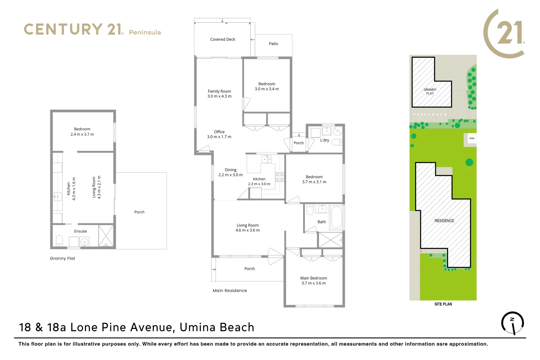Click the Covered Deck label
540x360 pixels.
[223, 39]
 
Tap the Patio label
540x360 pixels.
[273, 44]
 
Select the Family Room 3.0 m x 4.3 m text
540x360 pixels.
[219, 94]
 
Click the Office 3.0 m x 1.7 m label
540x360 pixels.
[219, 134]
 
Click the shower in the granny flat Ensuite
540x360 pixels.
[106, 236]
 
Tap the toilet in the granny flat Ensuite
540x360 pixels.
[59, 240]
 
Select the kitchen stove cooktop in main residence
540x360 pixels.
[279, 177]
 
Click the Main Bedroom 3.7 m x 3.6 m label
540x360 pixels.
[313, 281]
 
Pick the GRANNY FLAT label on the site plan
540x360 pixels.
[430, 91]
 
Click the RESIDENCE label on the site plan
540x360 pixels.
[444, 221]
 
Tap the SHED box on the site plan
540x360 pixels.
[472, 138]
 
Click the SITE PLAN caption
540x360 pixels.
[443, 304]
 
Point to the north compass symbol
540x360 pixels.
[512, 323]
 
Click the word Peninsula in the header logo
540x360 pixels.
[145, 32]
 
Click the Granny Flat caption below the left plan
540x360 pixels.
[62, 258]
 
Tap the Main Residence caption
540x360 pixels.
[230, 291]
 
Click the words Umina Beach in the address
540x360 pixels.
[217, 327]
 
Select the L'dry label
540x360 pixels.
[324, 140]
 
